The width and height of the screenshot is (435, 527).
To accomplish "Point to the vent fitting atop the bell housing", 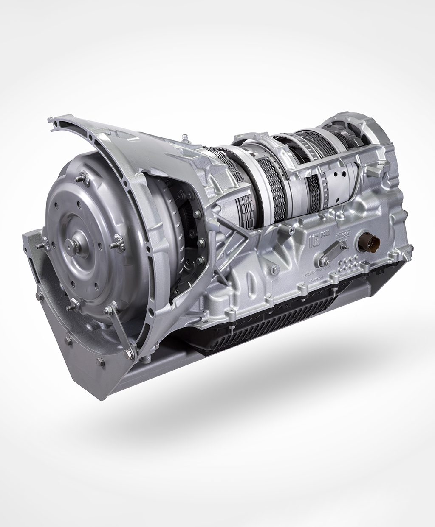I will [185, 138].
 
